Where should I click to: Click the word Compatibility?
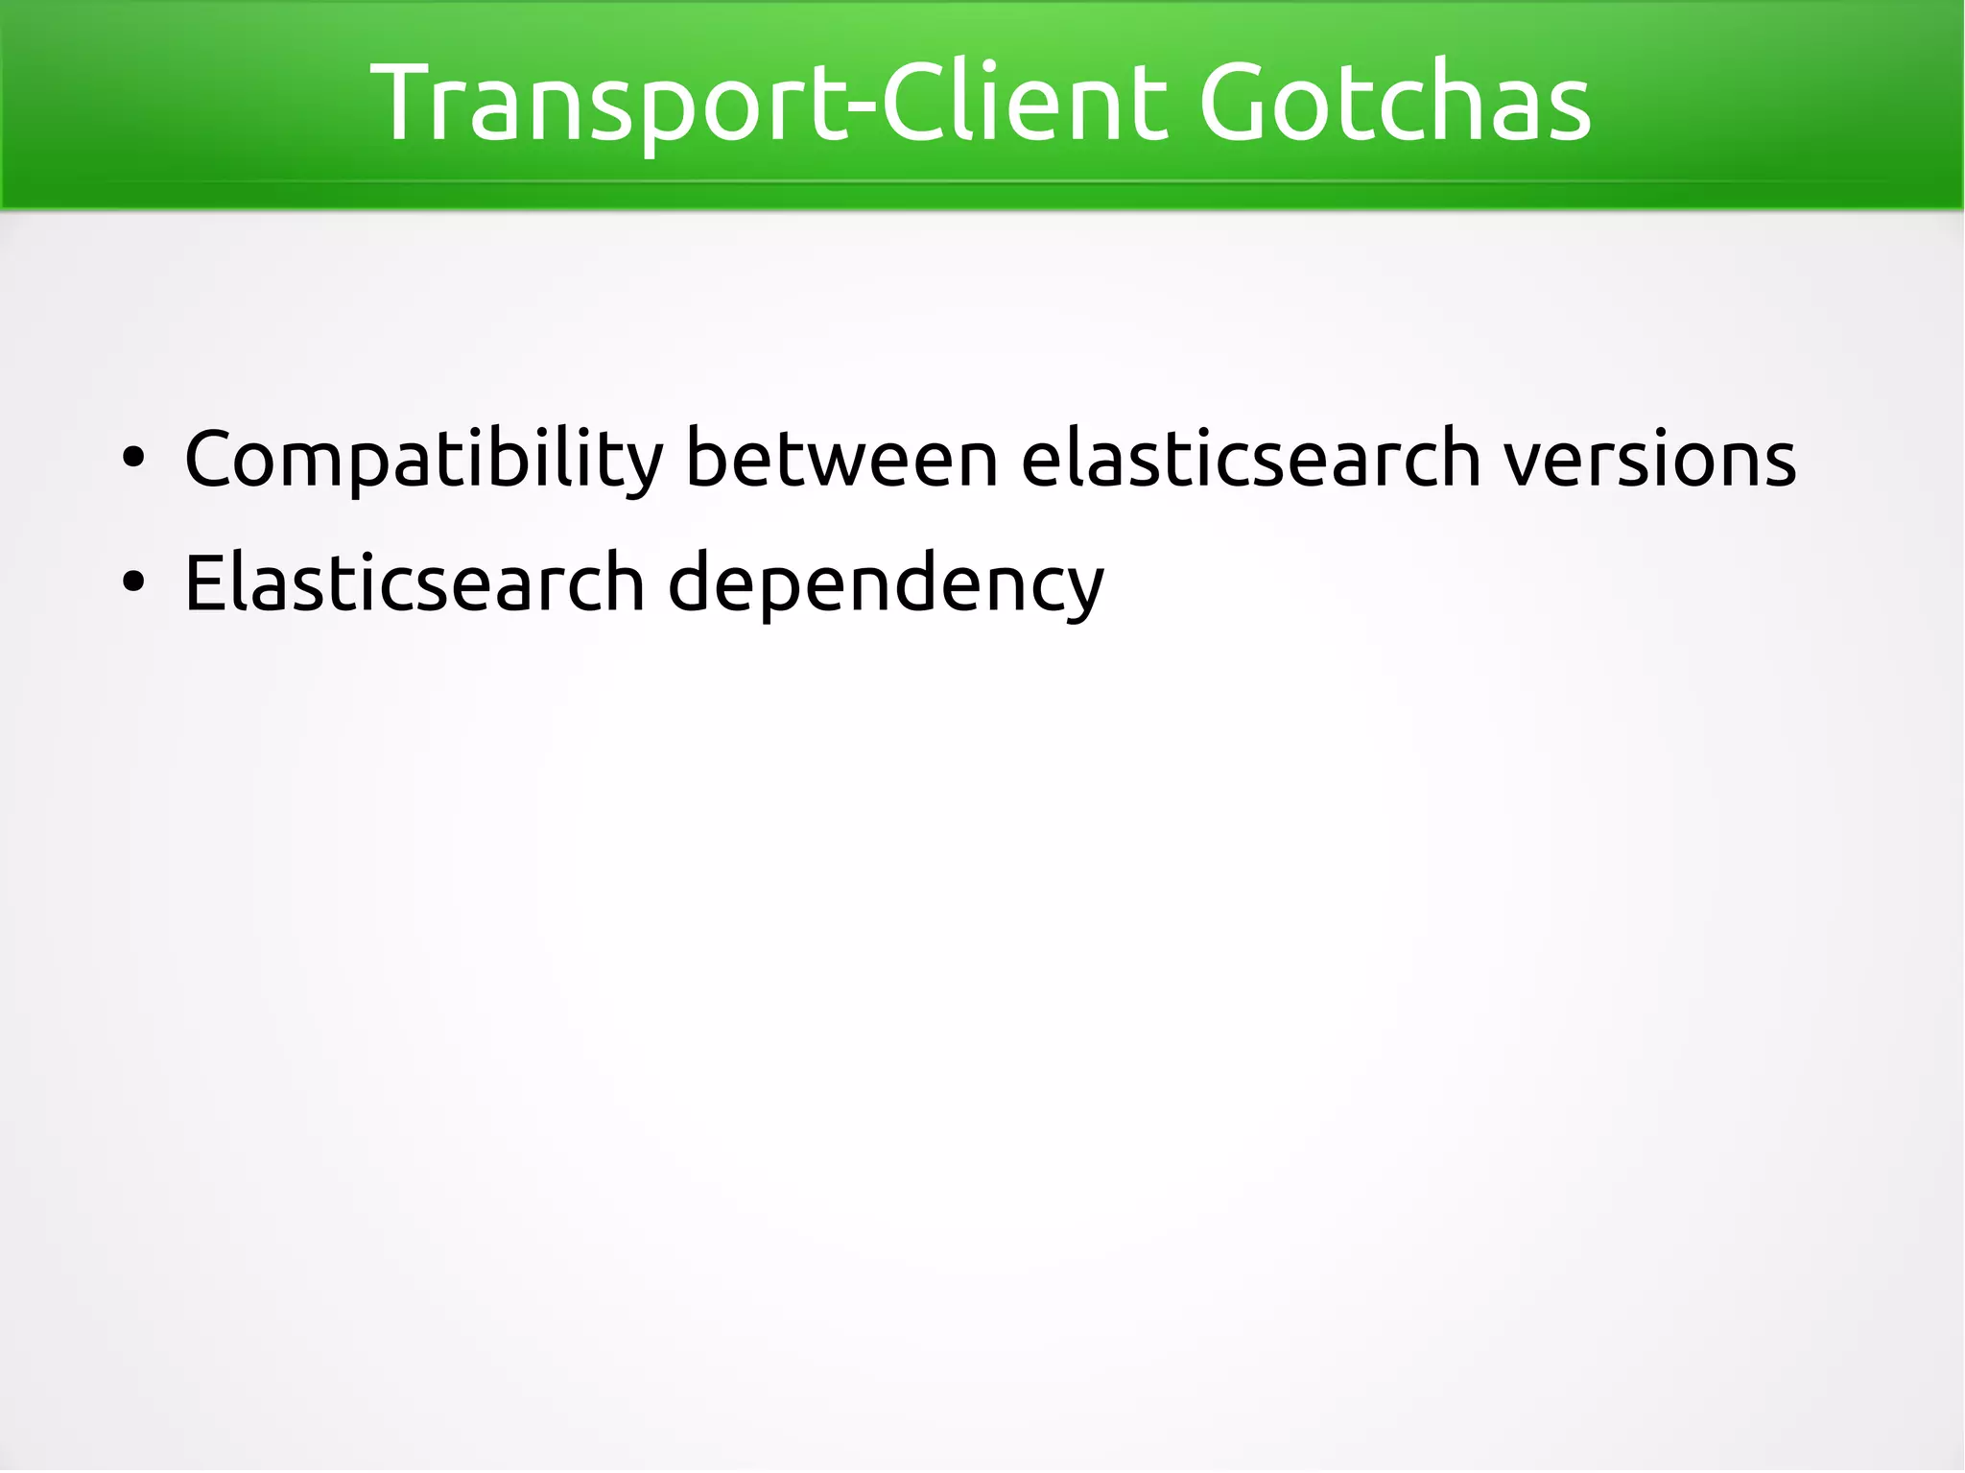click(x=423, y=460)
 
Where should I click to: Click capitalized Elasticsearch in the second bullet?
click(x=414, y=583)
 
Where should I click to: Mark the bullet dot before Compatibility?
click(x=133, y=459)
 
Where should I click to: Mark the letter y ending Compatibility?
click(x=642, y=467)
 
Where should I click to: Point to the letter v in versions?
click(x=1527, y=463)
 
